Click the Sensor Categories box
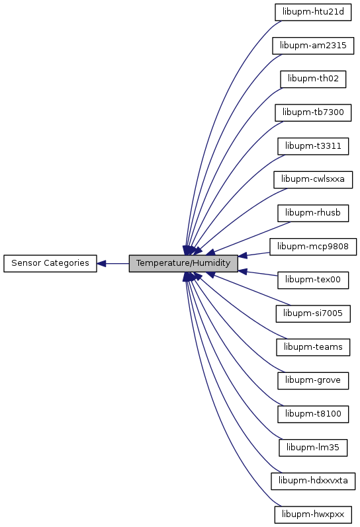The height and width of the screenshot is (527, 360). point(50,263)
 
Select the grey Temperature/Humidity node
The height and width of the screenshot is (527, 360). point(183,263)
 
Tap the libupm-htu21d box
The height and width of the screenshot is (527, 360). point(313,13)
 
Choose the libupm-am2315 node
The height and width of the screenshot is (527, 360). point(313,46)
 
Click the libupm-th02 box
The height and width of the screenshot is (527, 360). point(313,79)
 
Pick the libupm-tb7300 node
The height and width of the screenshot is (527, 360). point(313,112)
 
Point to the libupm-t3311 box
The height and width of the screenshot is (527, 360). point(313,146)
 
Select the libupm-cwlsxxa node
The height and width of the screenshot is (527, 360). point(313,180)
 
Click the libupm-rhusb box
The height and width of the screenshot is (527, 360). point(313,213)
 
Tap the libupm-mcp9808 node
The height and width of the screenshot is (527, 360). point(313,247)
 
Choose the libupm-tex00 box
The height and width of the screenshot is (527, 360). point(313,280)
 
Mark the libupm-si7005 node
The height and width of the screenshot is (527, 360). point(313,313)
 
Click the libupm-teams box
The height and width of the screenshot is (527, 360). point(313,347)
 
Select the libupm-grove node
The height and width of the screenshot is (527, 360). point(313,380)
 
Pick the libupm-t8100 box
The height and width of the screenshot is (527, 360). point(313,414)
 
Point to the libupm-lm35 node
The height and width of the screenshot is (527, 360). point(313,448)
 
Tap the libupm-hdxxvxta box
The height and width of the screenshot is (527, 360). point(313,481)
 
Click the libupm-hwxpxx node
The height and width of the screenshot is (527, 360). point(313,514)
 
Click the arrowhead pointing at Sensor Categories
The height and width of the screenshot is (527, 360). point(101,263)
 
